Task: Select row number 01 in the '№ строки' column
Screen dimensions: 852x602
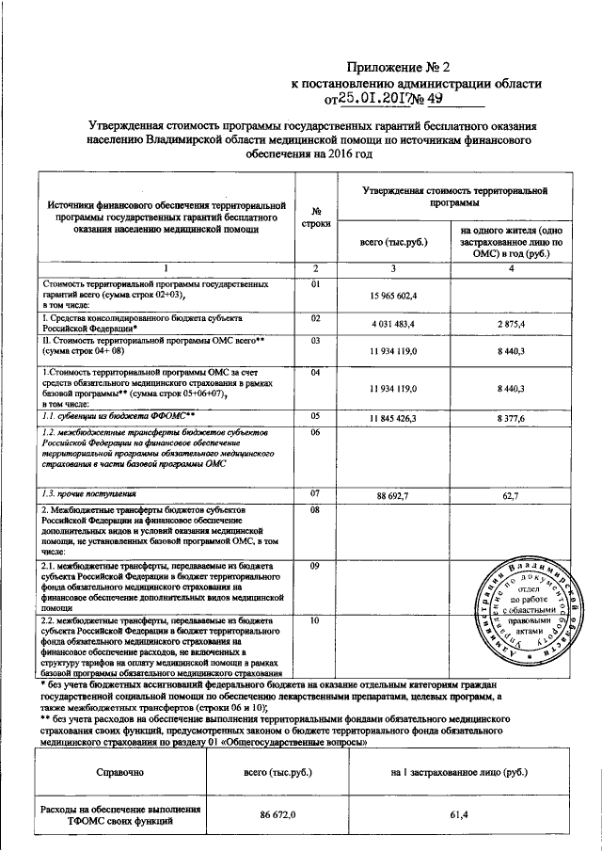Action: point(316,283)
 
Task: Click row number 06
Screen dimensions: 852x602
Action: point(316,433)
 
